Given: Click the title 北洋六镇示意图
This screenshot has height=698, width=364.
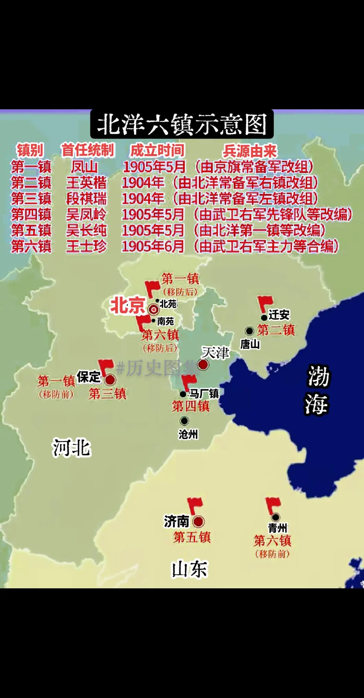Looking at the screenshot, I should coord(182,124).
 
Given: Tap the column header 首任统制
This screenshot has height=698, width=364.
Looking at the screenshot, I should coord(88,150).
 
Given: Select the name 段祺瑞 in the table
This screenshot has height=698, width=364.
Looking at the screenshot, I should coord(87,199).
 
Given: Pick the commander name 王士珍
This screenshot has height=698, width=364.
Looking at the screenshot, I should coord(87,246).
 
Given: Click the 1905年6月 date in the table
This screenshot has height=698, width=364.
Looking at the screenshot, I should coord(153,246).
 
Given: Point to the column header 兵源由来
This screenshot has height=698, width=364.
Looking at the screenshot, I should coord(250,150).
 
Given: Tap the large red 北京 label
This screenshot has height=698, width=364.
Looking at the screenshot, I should coord(127,306).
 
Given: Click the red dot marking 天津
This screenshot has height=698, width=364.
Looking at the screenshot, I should coord(203,365).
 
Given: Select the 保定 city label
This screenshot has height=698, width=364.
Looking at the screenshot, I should coord(89,377).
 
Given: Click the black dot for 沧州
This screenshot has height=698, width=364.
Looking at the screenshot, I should coord(184,421).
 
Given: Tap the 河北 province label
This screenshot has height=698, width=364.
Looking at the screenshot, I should coord(71,448).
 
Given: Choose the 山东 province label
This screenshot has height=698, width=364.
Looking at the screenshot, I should coord(189,569).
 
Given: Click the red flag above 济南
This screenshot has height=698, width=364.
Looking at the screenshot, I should coord(195,506).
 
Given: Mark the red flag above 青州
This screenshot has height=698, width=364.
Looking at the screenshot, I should coord(273,506).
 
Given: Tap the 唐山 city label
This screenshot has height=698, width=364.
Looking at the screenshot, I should coord(250,344).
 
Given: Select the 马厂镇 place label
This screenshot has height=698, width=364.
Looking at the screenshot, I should coord(204,393).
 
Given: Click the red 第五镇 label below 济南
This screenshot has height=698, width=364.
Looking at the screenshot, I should coord(192,537).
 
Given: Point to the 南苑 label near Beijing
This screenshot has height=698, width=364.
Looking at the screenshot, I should coord(165,321).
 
